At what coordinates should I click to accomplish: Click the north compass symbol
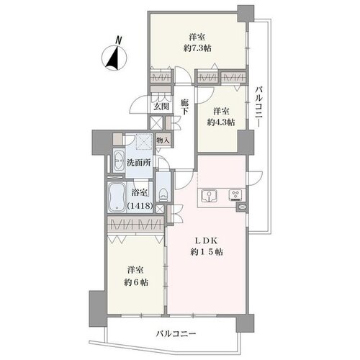pyautogui.click(x=114, y=58)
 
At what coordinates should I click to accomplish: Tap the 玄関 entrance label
pyautogui.click(x=161, y=106)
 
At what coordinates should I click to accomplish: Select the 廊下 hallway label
pyautogui.click(x=184, y=107)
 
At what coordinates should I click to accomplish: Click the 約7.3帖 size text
pyautogui.click(x=197, y=48)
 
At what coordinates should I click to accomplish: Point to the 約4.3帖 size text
pyautogui.click(x=221, y=122)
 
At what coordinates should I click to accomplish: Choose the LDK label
pyautogui.click(x=206, y=240)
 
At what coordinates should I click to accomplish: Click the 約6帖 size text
pyautogui.click(x=136, y=282)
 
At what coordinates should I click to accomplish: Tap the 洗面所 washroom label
pyautogui.click(x=139, y=163)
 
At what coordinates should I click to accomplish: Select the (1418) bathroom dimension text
pyautogui.click(x=140, y=206)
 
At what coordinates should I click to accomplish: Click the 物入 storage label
pyautogui.click(x=163, y=140)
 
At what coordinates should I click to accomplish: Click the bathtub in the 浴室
pyautogui.click(x=117, y=197)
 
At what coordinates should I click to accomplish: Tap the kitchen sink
pyautogui.click(x=210, y=196)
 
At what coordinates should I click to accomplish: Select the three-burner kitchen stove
pyautogui.click(x=237, y=194)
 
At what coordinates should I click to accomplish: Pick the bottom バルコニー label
pyautogui.click(x=176, y=334)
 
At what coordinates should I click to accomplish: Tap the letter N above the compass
pyautogui.click(x=118, y=40)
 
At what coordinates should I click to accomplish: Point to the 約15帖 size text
pyautogui.click(x=207, y=252)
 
